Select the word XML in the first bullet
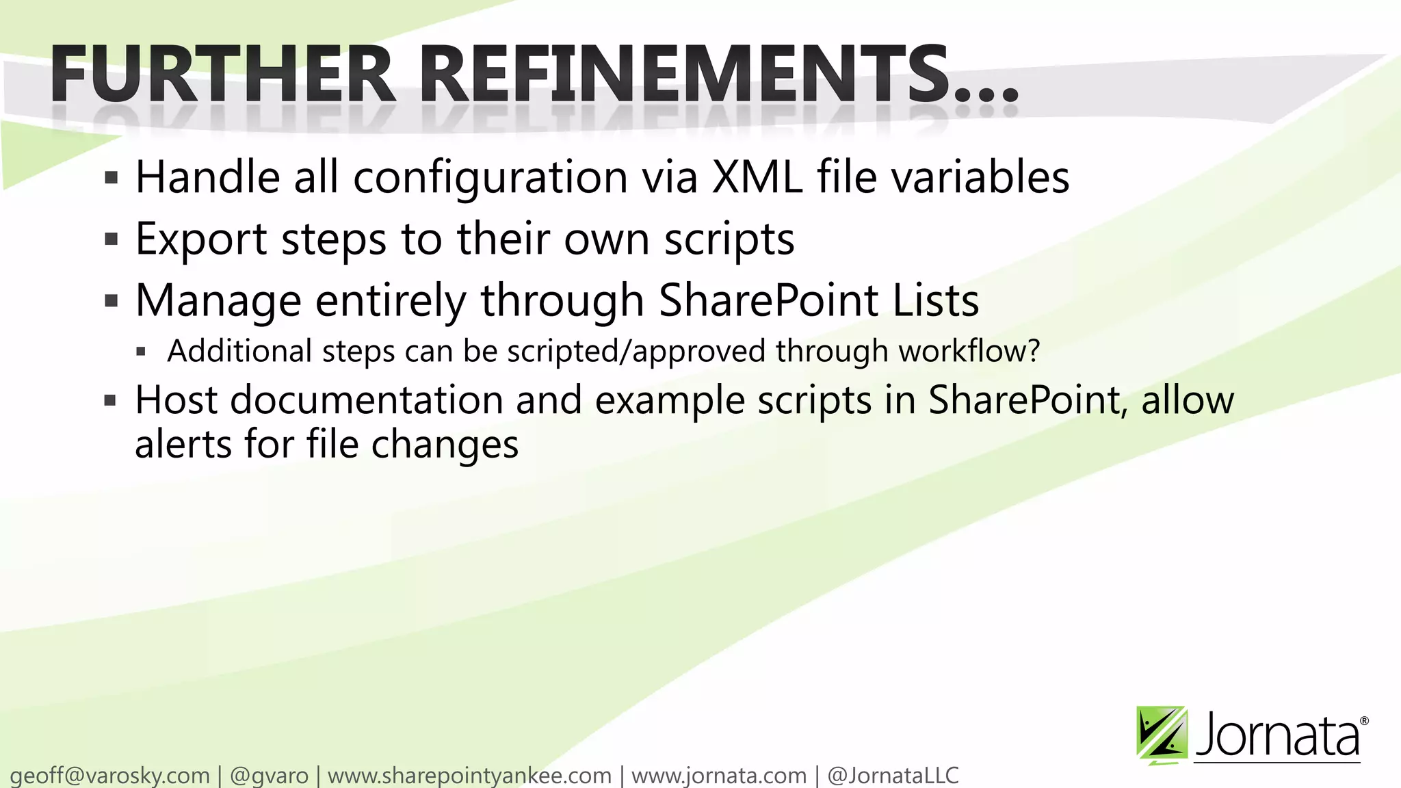coord(757,177)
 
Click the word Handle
coord(208,177)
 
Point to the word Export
coord(202,239)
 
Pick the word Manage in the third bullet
coord(218,301)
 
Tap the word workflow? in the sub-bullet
coord(969,351)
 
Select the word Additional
coord(240,351)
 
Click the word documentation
coord(367,400)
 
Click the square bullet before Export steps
coord(112,240)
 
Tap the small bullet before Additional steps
coord(142,352)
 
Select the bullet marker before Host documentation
coord(111,401)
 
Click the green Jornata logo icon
coord(1162,735)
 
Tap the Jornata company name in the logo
coord(1278,735)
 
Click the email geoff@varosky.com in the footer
coord(110,776)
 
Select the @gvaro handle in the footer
coord(270,776)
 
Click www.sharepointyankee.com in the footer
coord(469,776)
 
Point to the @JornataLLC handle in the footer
coord(893,776)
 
